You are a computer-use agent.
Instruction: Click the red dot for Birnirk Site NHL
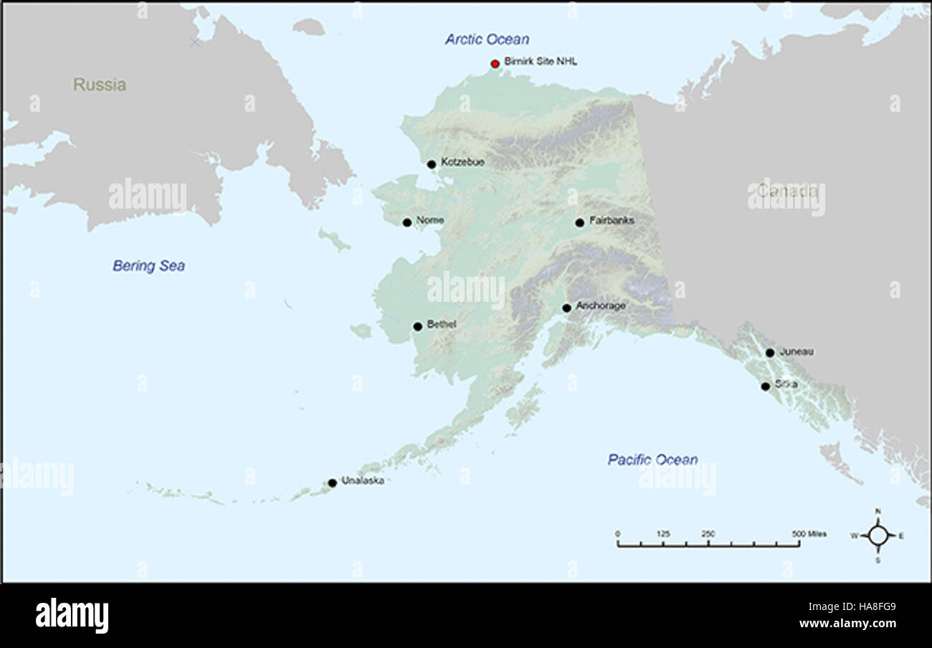pyautogui.click(x=495, y=64)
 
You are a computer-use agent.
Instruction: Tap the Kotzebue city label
pyautogui.click(x=462, y=162)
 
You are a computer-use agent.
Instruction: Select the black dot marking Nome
pyautogui.click(x=407, y=222)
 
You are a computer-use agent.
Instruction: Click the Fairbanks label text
pyautogui.click(x=612, y=221)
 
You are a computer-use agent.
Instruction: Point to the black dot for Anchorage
pyautogui.click(x=566, y=308)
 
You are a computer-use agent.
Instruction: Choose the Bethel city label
pyautogui.click(x=442, y=324)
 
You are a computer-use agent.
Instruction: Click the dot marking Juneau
pyautogui.click(x=769, y=353)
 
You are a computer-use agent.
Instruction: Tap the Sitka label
pyautogui.click(x=786, y=384)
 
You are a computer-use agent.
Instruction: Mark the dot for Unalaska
pyautogui.click(x=332, y=483)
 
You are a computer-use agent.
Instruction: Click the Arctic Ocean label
pyautogui.click(x=487, y=39)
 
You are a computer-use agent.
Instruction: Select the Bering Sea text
pyautogui.click(x=148, y=266)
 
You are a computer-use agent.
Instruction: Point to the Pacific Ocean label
pyautogui.click(x=652, y=459)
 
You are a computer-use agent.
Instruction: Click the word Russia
pyautogui.click(x=100, y=85)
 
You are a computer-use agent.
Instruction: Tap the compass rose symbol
pyautogui.click(x=878, y=535)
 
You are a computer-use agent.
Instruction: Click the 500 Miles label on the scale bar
pyautogui.click(x=809, y=534)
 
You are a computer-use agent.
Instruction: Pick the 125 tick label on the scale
pyautogui.click(x=663, y=534)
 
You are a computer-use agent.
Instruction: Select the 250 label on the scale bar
pyautogui.click(x=708, y=534)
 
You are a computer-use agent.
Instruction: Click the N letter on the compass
pyautogui.click(x=878, y=511)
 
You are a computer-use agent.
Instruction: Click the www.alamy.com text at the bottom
pyautogui.click(x=847, y=623)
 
